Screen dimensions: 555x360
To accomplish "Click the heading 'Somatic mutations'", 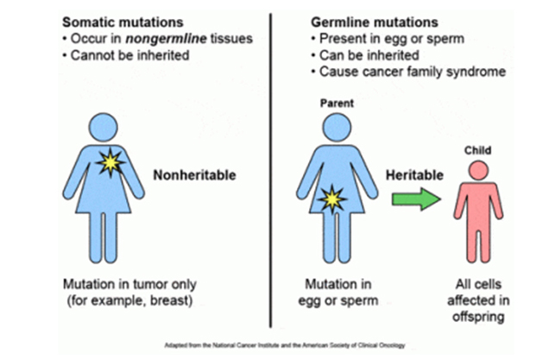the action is tap(123, 22).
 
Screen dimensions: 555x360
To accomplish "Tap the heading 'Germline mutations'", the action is tap(375, 22).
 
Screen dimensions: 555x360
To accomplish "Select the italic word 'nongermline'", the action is tap(166, 39).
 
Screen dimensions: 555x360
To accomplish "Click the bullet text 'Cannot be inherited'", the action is tap(129, 55).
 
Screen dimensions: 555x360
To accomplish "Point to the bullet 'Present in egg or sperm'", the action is tap(392, 39).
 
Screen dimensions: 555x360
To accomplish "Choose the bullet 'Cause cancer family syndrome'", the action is tap(413, 72).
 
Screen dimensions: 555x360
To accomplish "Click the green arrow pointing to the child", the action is tap(416, 199).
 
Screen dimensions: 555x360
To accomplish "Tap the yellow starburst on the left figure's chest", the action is tap(110, 162).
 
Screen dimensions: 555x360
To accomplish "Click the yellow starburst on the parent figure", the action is tap(332, 199).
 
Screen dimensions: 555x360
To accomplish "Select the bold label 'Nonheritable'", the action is tap(194, 175).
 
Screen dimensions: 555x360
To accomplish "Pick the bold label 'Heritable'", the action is tap(414, 175).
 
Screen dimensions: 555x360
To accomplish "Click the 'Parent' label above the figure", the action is tap(337, 103).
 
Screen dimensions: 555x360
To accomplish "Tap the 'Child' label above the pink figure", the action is tap(477, 150).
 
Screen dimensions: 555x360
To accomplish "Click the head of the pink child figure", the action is tap(478, 170).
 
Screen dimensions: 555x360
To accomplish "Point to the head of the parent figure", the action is tap(337, 128).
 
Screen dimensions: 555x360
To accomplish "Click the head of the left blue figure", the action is tap(103, 128).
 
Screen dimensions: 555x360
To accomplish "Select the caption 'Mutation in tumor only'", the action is tap(129, 284).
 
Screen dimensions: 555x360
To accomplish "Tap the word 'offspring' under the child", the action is tap(478, 317).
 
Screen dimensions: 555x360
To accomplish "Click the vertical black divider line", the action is tap(271, 171).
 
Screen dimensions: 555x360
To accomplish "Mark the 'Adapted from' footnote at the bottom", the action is tap(285, 345).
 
